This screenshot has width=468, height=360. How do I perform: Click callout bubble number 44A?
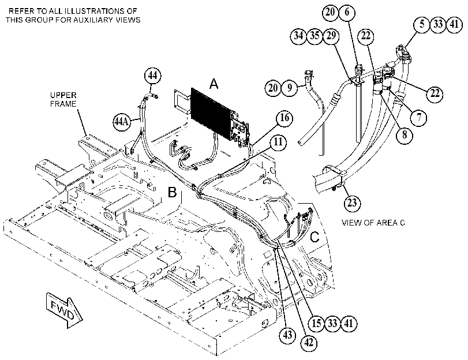(x=122, y=122)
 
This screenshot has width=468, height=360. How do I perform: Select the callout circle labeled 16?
(x=284, y=118)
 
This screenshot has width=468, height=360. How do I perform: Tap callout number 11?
(x=278, y=142)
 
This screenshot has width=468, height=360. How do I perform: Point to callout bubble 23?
(x=352, y=203)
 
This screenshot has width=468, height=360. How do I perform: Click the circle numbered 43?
(x=287, y=335)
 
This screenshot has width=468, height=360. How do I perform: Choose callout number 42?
(x=309, y=342)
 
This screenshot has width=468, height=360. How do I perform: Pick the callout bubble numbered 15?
(x=316, y=323)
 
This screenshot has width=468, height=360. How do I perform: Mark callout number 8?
(x=405, y=134)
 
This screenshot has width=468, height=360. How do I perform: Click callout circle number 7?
(x=419, y=117)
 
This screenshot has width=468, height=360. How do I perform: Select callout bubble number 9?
(x=289, y=88)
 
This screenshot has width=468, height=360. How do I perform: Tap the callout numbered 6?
(x=346, y=12)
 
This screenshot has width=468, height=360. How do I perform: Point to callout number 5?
(x=422, y=24)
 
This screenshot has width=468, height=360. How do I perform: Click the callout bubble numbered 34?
(x=298, y=36)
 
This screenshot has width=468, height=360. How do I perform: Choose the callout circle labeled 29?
(x=331, y=36)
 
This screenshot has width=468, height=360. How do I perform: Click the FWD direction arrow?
(x=64, y=310)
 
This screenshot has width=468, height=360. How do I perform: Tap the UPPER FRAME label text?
(x=63, y=100)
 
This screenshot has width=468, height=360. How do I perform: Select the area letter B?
(x=172, y=193)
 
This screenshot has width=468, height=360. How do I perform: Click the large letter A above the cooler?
(x=214, y=84)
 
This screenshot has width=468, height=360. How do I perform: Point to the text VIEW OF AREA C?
(x=373, y=223)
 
